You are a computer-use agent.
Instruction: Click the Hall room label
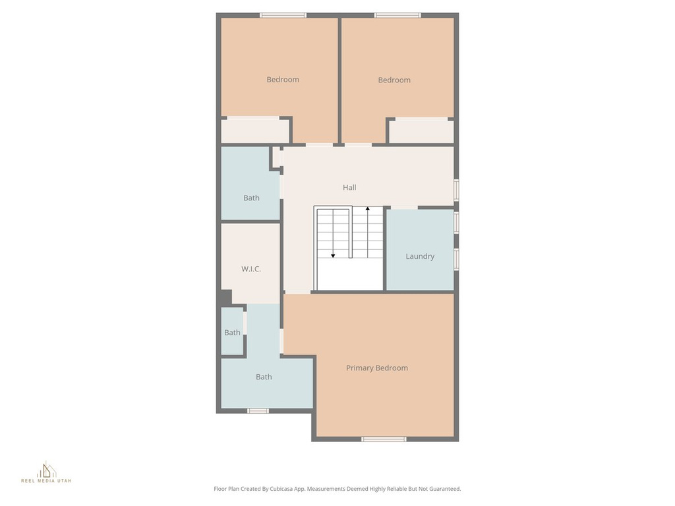coord(349,188)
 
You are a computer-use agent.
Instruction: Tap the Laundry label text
coord(420,256)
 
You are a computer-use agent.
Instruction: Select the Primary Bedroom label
coord(377,368)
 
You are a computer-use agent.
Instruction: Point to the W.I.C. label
coord(250,269)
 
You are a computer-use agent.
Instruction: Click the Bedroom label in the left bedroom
coord(283,80)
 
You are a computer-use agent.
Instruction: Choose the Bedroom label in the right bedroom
coord(394,80)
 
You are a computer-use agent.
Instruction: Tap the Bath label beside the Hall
coord(251,198)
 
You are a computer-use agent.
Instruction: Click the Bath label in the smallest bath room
coord(232,333)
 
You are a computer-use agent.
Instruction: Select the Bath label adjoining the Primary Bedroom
coord(264,378)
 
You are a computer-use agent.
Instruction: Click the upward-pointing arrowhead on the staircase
coord(367,209)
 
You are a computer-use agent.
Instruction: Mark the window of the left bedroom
coord(283,15)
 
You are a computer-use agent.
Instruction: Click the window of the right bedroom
coord(397,15)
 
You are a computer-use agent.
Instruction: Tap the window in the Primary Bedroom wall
coord(384,439)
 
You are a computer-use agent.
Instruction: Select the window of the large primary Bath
coord(258,411)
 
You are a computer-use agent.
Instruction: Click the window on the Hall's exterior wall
coord(456,189)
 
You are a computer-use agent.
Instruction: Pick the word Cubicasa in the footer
coord(285,489)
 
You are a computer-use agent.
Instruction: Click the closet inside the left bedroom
coord(254,131)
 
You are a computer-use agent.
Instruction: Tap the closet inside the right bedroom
coord(421,132)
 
